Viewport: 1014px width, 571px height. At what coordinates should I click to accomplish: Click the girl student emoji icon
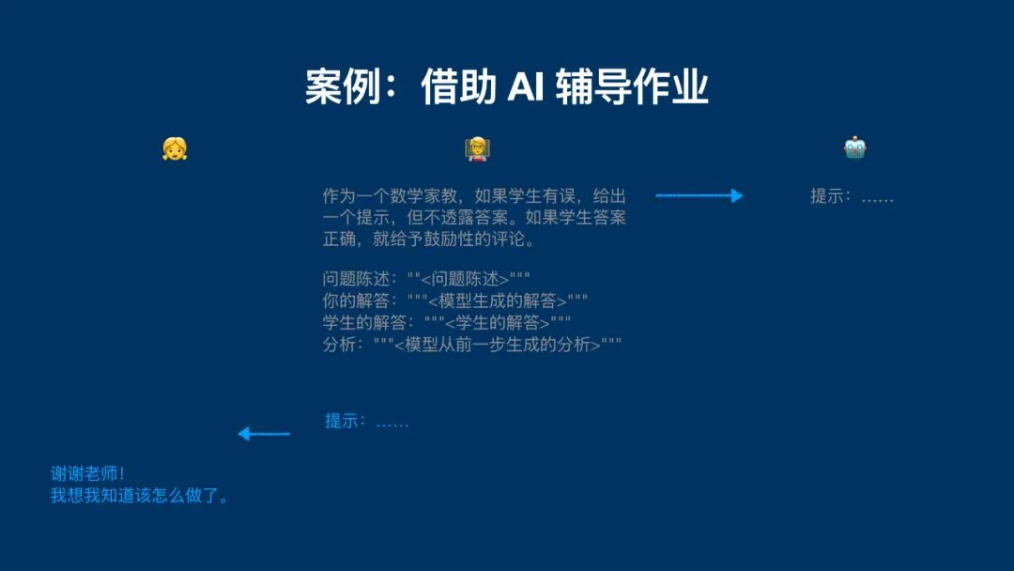(175, 148)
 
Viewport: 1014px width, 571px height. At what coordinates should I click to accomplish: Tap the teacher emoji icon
(477, 148)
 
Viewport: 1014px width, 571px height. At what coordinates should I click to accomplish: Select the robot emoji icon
(855, 148)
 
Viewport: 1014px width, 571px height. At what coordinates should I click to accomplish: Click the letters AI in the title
(525, 86)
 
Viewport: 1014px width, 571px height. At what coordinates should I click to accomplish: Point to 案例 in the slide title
(343, 86)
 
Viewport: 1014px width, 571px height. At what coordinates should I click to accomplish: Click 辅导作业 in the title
(632, 86)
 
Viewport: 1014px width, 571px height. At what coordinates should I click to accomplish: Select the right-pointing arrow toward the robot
(699, 195)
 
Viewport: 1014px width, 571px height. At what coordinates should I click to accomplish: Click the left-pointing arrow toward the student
(264, 433)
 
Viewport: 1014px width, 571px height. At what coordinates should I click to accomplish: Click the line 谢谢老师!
(87, 473)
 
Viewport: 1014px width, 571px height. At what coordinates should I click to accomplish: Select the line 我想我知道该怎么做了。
(139, 495)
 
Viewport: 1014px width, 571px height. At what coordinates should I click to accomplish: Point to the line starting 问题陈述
(426, 279)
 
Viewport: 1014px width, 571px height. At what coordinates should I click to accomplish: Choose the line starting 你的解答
(455, 301)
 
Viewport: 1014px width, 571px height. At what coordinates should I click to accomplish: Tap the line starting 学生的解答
(447, 322)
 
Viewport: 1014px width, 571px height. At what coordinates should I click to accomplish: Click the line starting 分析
(472, 344)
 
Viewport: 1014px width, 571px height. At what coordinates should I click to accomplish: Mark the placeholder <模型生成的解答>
(498, 301)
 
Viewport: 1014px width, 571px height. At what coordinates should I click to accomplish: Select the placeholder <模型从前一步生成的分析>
(498, 344)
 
